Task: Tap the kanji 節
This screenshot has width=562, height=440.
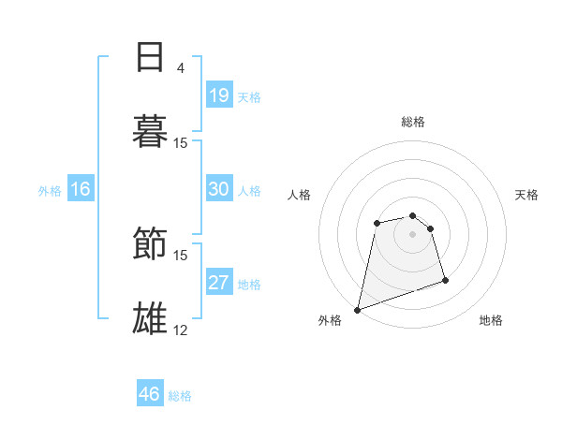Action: point(150,245)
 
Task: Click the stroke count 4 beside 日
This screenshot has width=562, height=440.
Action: point(181,67)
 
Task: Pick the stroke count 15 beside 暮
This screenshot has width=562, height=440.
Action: point(181,142)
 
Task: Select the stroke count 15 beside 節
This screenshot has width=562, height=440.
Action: point(181,255)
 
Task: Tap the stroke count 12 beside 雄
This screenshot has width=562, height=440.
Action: point(181,330)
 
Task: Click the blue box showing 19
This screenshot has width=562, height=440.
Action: point(219,95)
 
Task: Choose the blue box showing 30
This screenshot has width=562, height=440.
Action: point(219,189)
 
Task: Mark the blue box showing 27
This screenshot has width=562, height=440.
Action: point(219,283)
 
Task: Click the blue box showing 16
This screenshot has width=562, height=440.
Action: point(81,189)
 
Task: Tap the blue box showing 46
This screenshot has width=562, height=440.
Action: point(150,394)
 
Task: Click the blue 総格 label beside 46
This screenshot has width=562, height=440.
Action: point(180,396)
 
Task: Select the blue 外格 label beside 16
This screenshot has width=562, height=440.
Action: point(50,191)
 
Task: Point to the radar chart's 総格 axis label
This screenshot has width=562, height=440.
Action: point(413,122)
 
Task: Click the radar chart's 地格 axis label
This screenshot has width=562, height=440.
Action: point(491,320)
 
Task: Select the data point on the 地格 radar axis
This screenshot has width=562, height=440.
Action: point(445,280)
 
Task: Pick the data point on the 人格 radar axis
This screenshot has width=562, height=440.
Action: point(377,223)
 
